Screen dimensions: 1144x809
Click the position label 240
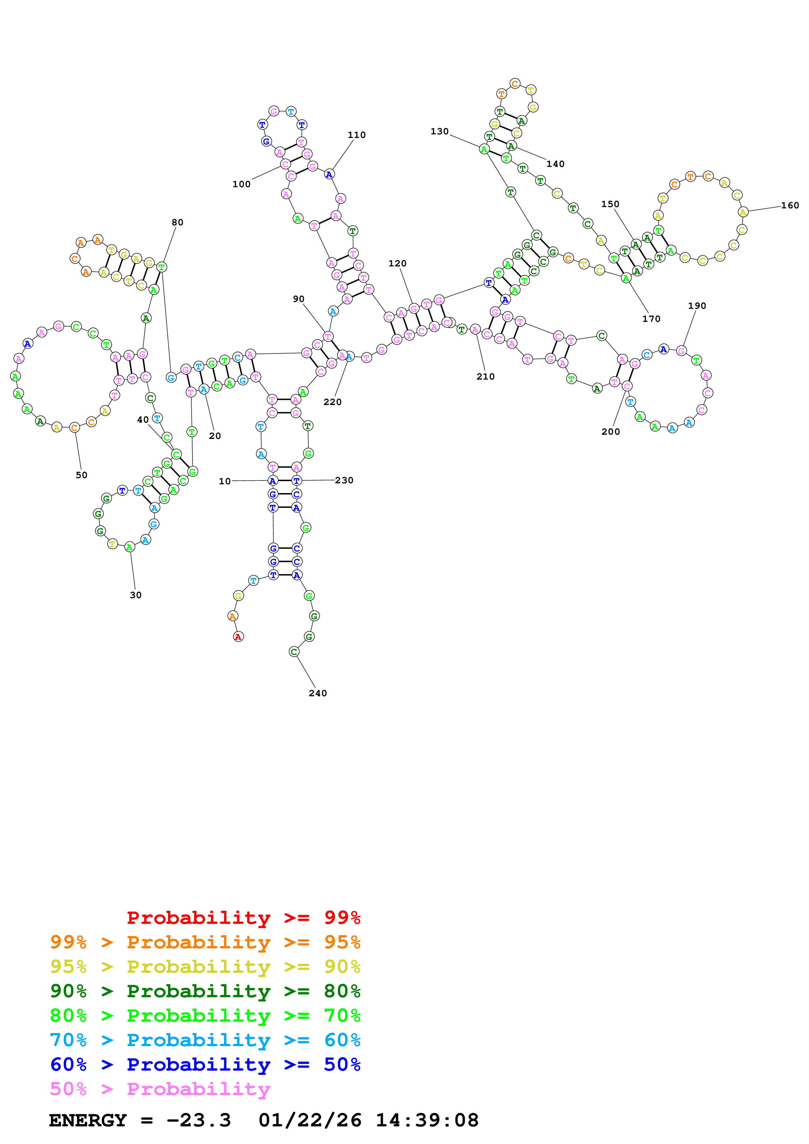point(318,693)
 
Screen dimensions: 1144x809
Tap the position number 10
point(225,481)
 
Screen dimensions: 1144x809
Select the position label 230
point(344,480)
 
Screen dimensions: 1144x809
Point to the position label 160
point(789,205)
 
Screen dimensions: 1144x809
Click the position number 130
point(440,131)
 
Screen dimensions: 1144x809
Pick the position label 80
point(178,222)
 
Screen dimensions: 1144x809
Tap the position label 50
point(82,475)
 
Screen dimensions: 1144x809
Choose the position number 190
point(697,306)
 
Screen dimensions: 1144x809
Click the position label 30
point(135,595)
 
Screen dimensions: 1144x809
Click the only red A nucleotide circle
point(238,637)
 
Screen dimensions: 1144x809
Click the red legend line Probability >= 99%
point(243,917)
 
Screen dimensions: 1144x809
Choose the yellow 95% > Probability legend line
point(205,966)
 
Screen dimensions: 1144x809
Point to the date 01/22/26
point(310,1120)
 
